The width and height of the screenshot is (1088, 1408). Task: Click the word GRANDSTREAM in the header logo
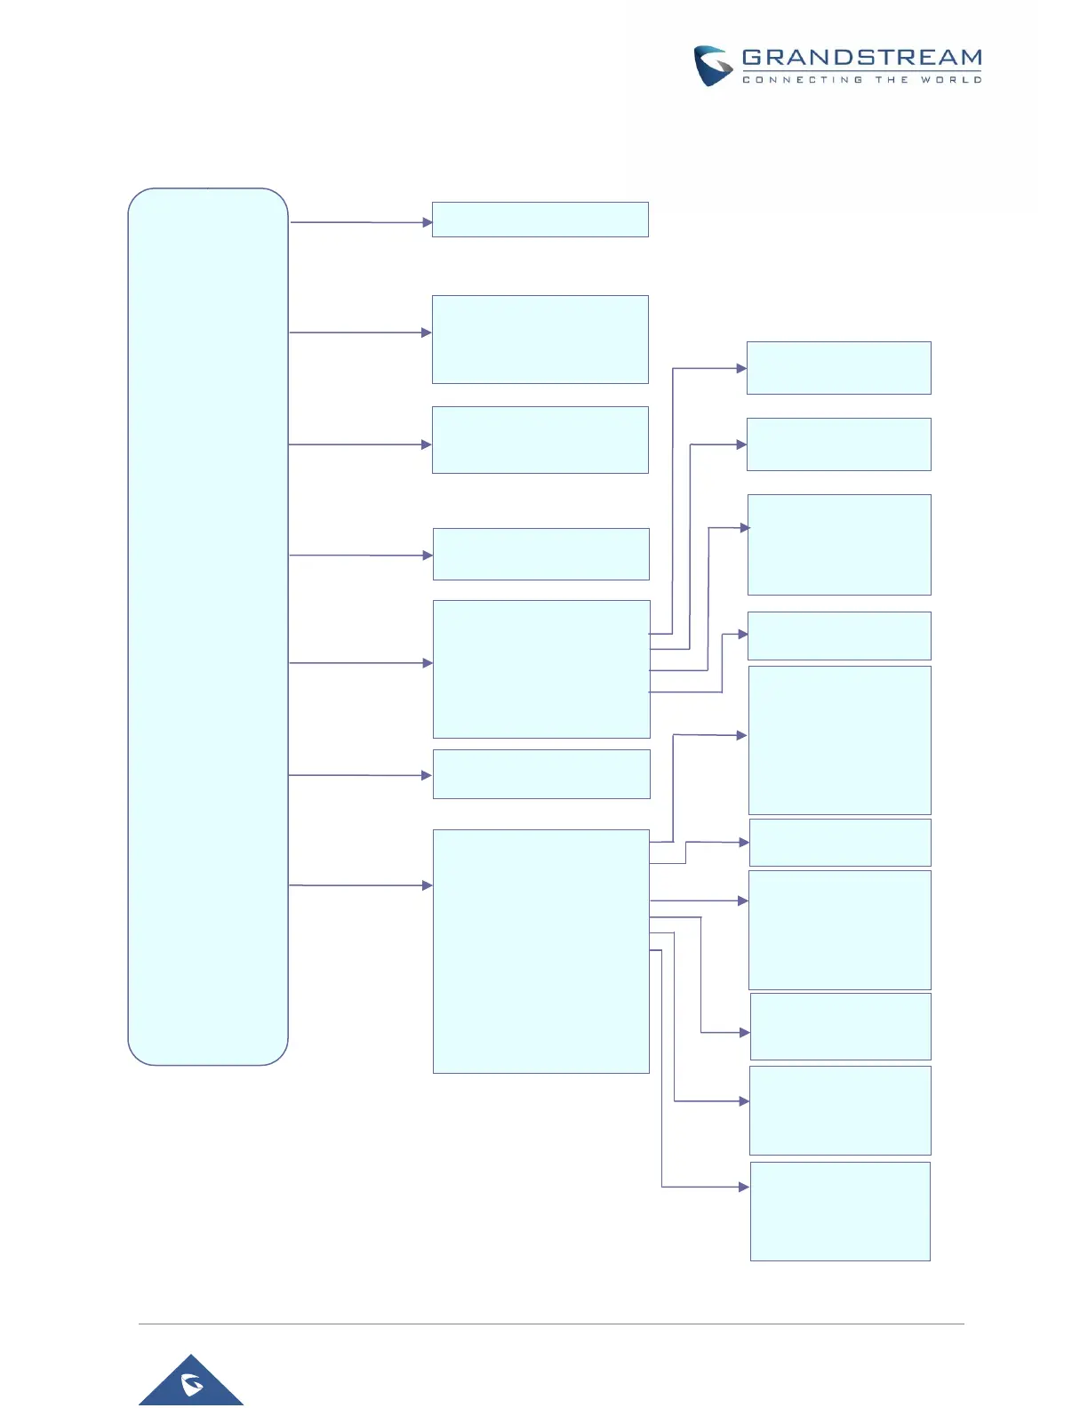click(861, 58)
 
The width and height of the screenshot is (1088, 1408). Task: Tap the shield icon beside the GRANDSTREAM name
click(713, 67)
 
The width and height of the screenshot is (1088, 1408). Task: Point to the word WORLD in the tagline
click(951, 80)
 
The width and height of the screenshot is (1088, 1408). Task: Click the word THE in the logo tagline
click(892, 80)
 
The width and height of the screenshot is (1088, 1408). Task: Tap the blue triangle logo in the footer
click(191, 1383)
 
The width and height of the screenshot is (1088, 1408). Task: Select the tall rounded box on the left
click(208, 626)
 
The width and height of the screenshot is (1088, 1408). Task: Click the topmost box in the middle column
click(540, 220)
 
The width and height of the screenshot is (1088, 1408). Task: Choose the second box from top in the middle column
click(540, 340)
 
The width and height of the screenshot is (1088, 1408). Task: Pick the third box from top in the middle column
click(540, 440)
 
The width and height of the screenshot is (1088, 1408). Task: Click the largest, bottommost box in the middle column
click(540, 951)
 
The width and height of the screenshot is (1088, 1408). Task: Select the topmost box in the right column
click(838, 368)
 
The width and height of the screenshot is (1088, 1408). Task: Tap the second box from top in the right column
click(838, 444)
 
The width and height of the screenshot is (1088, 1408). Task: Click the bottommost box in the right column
click(840, 1211)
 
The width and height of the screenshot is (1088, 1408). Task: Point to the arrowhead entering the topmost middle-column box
click(427, 222)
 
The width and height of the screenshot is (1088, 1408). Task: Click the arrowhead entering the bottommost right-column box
click(744, 1187)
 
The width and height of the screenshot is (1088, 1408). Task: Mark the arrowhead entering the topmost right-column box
click(741, 368)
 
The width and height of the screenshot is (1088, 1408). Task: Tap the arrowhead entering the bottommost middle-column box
click(427, 885)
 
